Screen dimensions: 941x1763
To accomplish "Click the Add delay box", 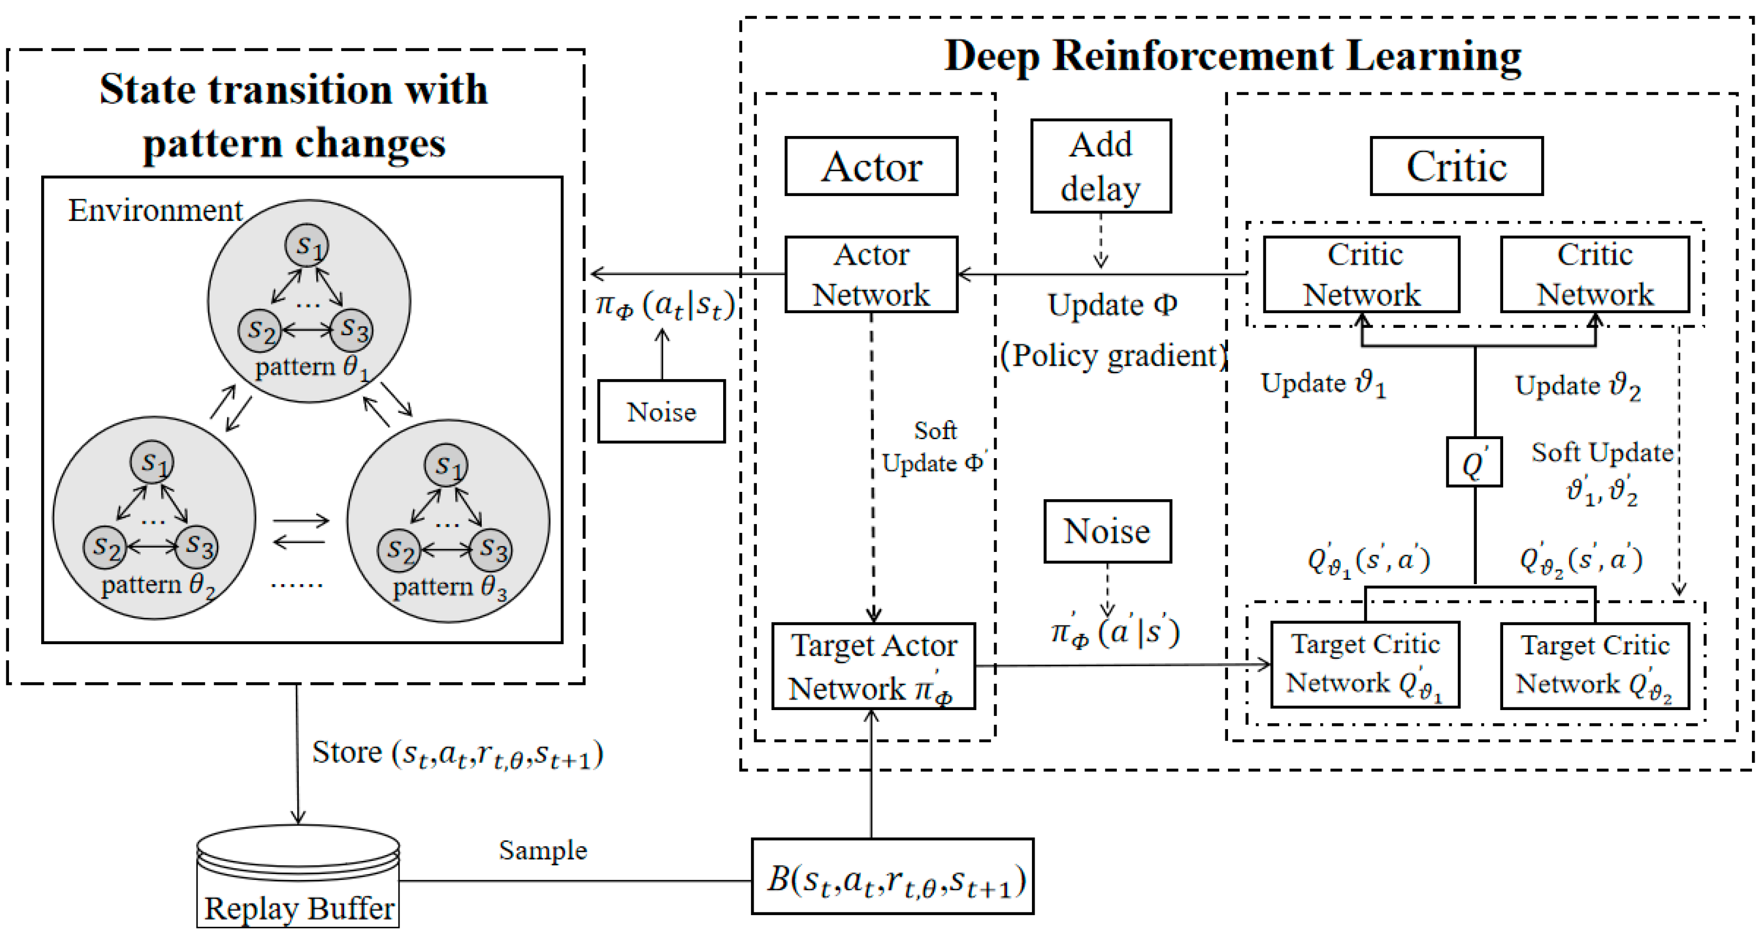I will click(x=1100, y=166).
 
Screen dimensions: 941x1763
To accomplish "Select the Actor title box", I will click(x=871, y=166).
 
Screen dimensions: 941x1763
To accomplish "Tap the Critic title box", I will click(x=1456, y=166).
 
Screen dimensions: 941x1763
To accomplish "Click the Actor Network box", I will click(x=871, y=275).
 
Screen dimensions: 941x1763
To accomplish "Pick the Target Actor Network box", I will click(x=873, y=666).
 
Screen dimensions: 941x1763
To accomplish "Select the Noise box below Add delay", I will click(x=1107, y=531).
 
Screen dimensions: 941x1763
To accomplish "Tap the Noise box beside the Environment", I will click(x=660, y=411).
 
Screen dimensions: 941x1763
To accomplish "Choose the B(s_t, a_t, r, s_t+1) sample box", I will click(x=892, y=877).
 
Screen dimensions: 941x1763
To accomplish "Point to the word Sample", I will click(x=543, y=850).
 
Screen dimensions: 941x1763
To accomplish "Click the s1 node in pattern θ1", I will click(x=307, y=246).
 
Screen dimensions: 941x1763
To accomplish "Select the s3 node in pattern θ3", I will click(x=492, y=549).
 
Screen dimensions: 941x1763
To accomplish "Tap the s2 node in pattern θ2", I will click(x=105, y=548).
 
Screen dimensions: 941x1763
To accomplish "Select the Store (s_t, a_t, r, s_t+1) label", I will click(x=457, y=753).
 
